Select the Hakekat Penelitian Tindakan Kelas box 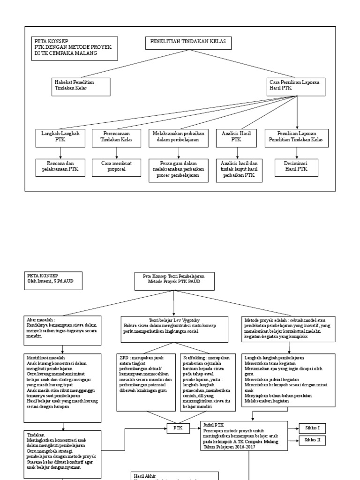82,86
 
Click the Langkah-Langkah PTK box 60,136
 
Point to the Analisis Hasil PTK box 236,136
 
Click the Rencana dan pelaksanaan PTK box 60,166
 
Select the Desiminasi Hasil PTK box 296,166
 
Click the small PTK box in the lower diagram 178,427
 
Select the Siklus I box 312,427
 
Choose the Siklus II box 312,441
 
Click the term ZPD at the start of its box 124,358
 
